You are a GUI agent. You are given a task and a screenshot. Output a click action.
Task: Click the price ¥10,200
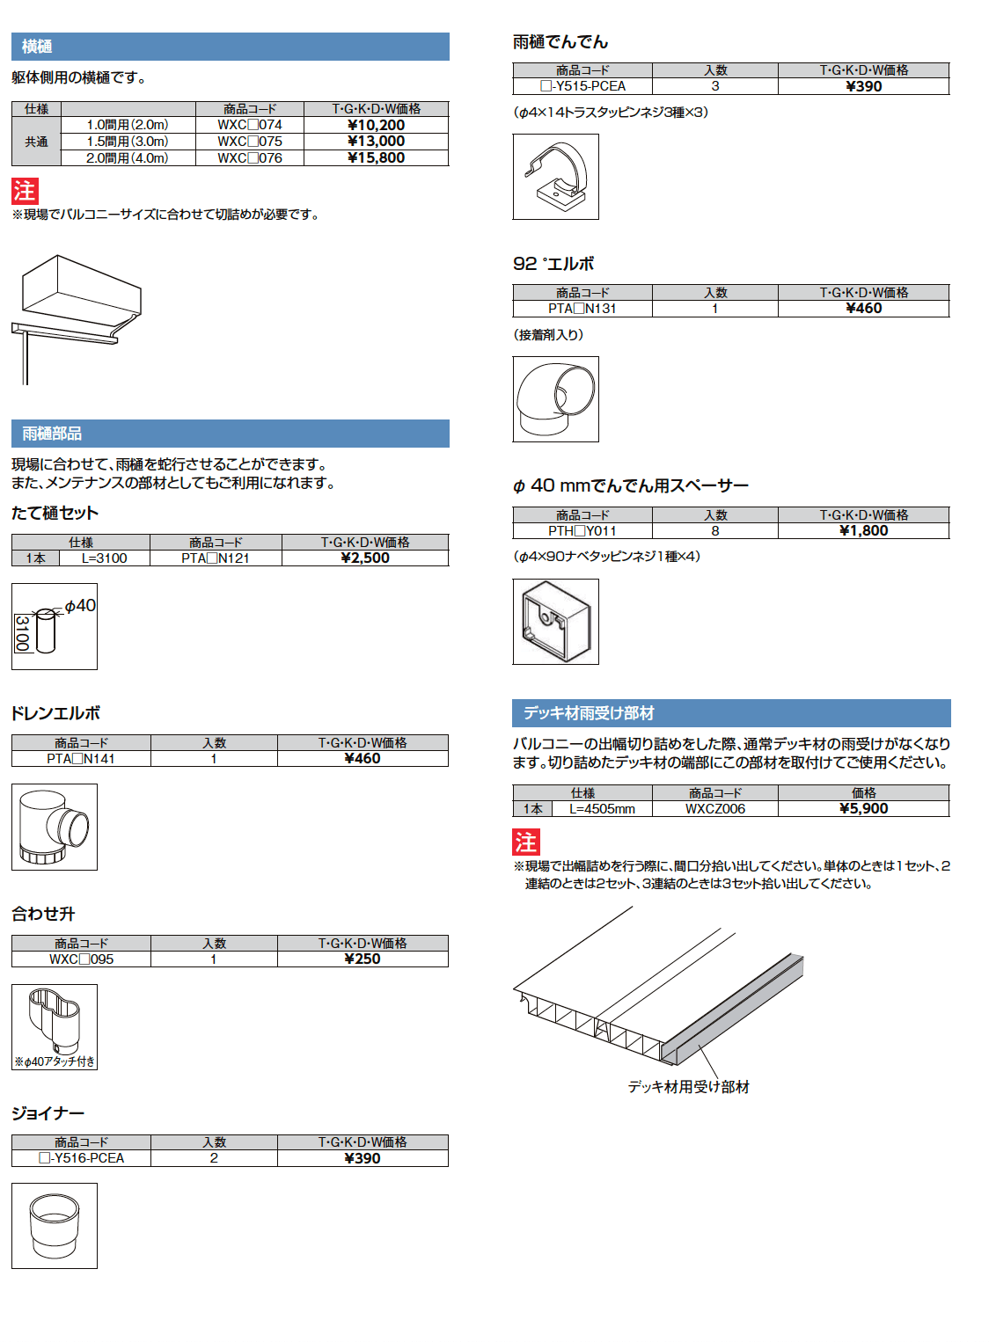tap(376, 125)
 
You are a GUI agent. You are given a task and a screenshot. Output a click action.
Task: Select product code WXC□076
tap(250, 158)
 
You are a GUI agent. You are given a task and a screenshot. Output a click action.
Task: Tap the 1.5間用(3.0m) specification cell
tap(128, 142)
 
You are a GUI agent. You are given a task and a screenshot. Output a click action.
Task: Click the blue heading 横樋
tap(37, 47)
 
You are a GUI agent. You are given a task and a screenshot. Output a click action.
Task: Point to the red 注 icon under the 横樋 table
tap(25, 191)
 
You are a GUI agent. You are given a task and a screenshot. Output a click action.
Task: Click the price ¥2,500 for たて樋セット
tap(364, 558)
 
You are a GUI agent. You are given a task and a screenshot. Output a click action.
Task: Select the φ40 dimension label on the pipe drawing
tap(80, 606)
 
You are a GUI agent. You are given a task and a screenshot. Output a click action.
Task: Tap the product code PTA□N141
tap(81, 759)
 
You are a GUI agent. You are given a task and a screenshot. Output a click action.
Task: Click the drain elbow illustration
tap(55, 827)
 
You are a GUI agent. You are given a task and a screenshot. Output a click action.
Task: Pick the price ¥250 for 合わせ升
tap(363, 959)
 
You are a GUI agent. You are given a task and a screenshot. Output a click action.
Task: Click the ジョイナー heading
tap(48, 1113)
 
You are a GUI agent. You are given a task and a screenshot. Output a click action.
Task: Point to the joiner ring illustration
tap(55, 1225)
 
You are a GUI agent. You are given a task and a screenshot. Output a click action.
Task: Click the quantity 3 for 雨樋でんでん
tap(715, 86)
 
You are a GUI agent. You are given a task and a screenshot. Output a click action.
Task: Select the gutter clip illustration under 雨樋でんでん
tap(556, 177)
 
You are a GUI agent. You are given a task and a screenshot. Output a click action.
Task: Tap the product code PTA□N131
tap(582, 309)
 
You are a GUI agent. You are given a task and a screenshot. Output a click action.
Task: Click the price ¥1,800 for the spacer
tap(863, 531)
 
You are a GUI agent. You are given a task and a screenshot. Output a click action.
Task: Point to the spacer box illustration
tap(556, 621)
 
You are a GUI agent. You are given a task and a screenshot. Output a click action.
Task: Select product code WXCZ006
tap(714, 809)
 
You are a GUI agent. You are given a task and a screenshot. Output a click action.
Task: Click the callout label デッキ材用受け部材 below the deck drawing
tap(688, 1087)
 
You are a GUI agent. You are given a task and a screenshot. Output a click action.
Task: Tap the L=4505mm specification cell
tap(602, 809)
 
